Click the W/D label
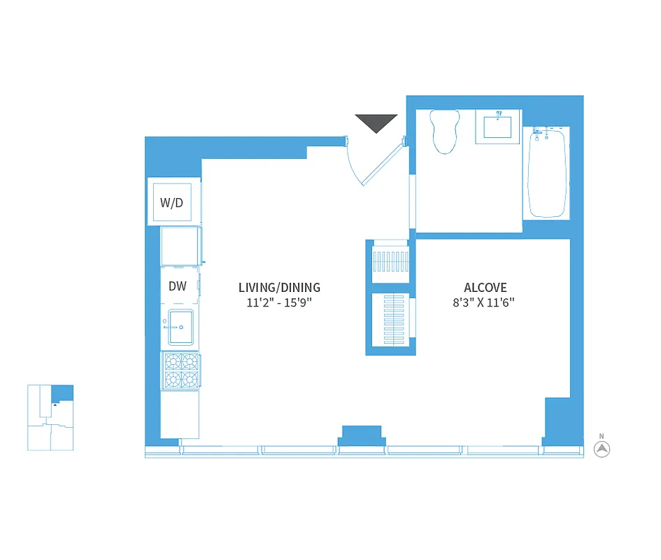point(171,203)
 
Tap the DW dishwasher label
point(178,286)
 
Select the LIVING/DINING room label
point(279,287)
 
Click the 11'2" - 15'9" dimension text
point(279,302)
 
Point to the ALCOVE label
point(485,288)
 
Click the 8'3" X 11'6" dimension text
point(485,302)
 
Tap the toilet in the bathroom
point(445,131)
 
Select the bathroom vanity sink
point(498,127)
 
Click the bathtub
point(546,172)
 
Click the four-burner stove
point(181,370)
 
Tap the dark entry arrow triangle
point(376,122)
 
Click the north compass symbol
point(602,449)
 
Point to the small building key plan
point(50,417)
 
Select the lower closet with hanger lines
point(390,319)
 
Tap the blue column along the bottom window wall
point(361,435)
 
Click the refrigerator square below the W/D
point(180,246)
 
